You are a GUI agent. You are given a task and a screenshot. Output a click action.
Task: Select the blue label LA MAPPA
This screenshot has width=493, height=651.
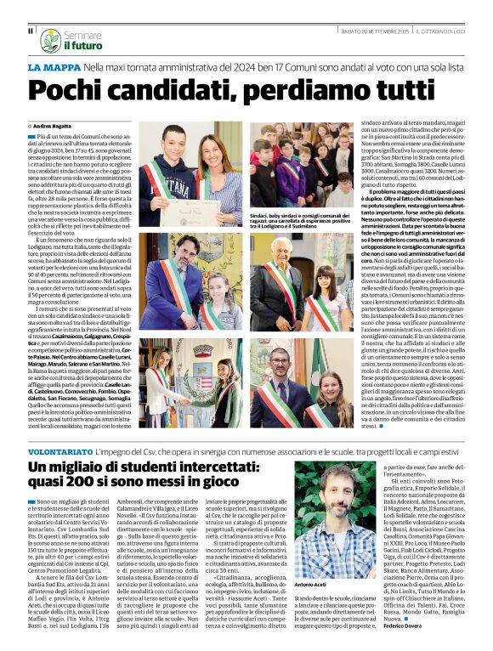point(54,65)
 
